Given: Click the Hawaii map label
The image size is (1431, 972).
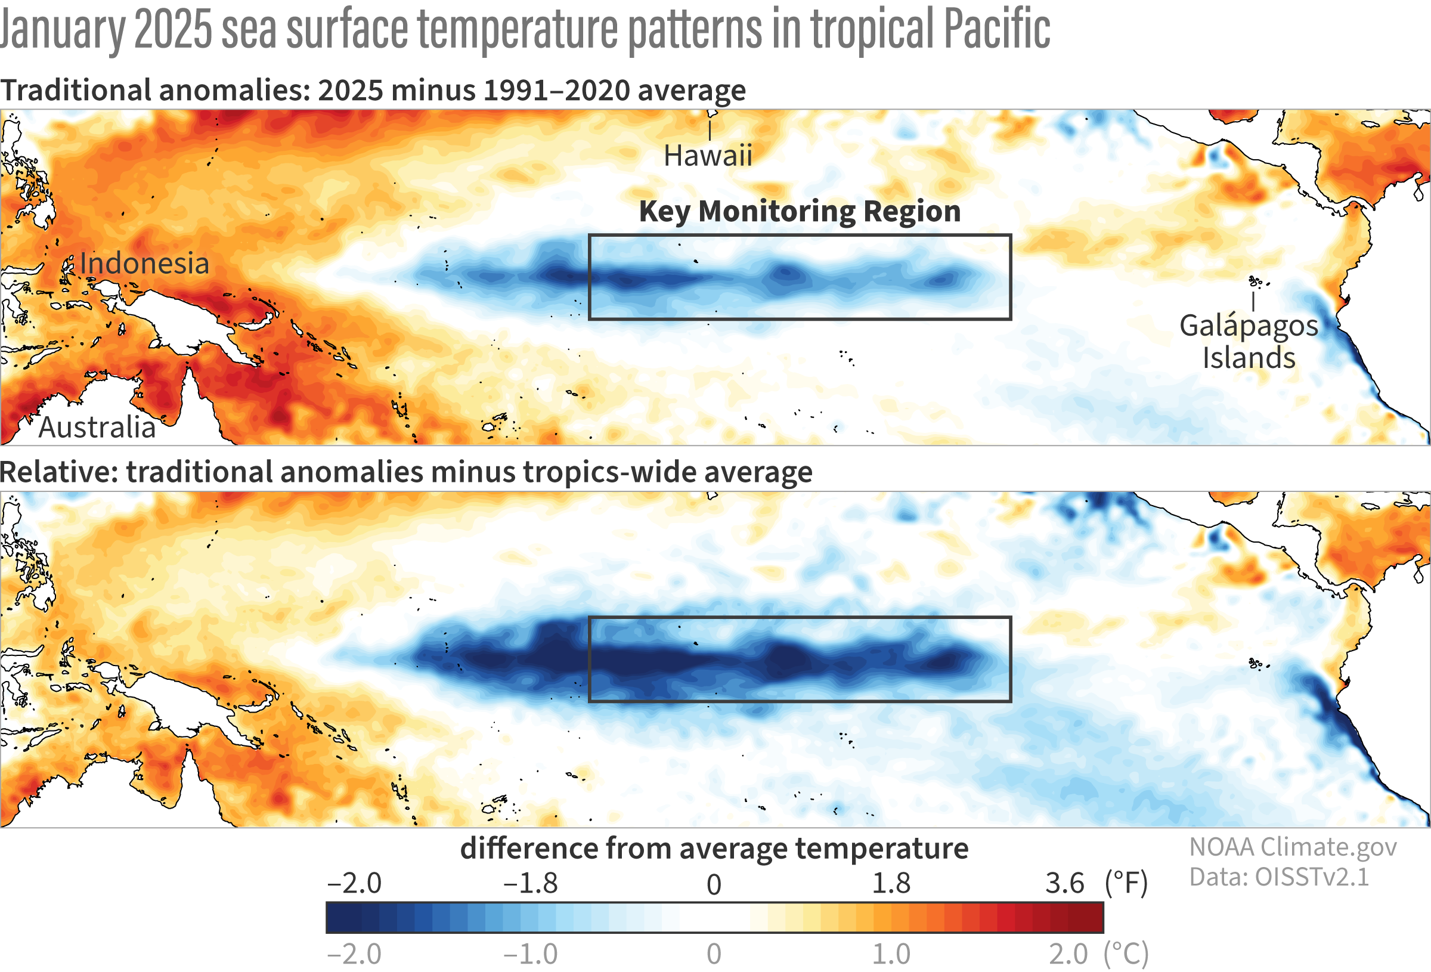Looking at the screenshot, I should point(708,156).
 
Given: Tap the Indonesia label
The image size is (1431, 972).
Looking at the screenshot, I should point(144,264).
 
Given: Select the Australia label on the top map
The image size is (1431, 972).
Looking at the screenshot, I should point(97,428).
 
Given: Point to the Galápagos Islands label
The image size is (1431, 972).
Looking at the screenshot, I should point(1249,342).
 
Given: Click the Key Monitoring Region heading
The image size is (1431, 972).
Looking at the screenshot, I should point(799,211).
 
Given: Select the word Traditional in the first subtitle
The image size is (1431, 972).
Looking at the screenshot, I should point(75,91).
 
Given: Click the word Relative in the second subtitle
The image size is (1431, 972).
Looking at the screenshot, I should point(58,472).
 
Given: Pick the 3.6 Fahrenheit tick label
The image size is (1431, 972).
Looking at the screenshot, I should point(1064,884).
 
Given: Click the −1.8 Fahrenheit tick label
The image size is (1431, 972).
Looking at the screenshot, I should point(530,884).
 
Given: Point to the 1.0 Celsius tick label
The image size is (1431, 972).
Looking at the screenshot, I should point(891,954).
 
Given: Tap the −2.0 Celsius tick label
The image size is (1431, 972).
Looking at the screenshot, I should point(354,954).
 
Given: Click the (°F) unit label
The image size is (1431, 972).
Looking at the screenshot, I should point(1126,884).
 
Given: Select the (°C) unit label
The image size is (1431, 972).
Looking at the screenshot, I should point(1126,954).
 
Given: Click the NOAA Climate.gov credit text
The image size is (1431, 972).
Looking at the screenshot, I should point(1293,847).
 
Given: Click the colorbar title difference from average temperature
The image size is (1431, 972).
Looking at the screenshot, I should point(714,848).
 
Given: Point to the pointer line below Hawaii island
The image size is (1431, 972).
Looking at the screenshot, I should point(710,131).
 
